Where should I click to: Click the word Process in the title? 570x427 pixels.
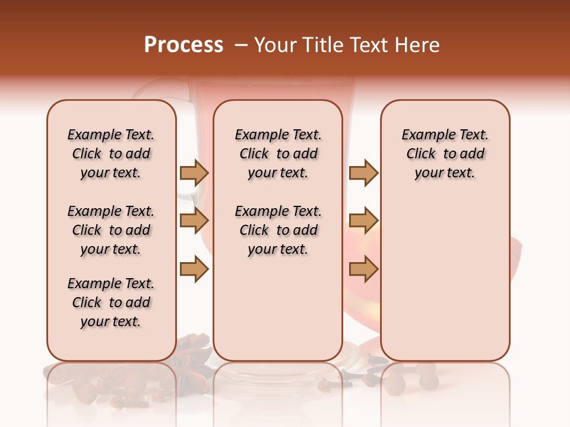point(183,45)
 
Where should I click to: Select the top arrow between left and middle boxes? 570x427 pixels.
point(194,173)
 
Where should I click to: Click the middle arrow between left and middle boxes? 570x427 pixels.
point(194,221)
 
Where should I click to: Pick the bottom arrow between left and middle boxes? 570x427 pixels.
point(194,270)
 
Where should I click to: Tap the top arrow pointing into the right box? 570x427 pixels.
point(363,173)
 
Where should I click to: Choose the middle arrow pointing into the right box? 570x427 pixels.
point(363,221)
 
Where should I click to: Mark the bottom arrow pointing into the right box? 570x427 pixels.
point(363,270)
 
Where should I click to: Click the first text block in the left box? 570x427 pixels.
point(111,154)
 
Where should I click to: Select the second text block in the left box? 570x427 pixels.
point(111,230)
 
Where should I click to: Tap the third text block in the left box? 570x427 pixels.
point(111,302)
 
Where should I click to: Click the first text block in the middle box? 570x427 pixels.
point(278,154)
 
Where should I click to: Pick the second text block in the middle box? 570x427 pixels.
point(278,230)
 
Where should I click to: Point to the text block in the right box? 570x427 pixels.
point(445,154)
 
